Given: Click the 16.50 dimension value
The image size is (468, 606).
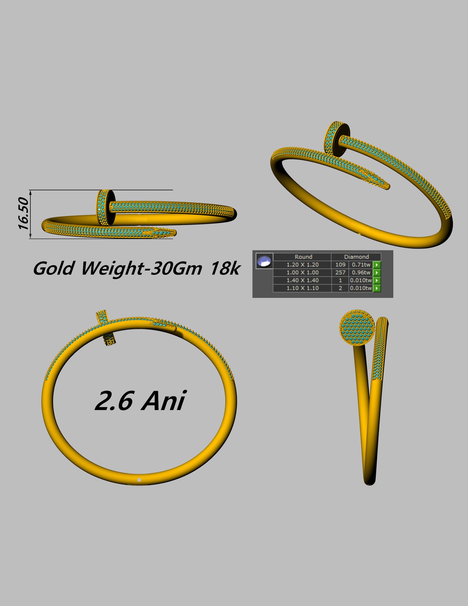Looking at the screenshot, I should (23, 214).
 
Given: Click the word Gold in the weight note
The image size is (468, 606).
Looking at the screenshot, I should (53, 269).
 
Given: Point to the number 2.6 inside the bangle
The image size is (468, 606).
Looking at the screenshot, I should (114, 401).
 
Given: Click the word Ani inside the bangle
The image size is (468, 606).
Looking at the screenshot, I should (164, 401).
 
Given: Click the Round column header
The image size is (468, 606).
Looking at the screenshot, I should (303, 257).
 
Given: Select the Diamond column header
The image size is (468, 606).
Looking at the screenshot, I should (356, 257).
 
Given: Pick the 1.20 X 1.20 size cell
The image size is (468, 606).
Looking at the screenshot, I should (302, 265).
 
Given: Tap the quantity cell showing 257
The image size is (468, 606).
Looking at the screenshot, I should (340, 273).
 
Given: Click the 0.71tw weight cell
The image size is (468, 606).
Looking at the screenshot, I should (361, 265).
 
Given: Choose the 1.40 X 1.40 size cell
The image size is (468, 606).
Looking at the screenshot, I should (302, 280).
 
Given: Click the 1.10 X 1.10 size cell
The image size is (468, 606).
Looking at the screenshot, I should (302, 288).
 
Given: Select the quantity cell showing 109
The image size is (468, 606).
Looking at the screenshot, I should (340, 265).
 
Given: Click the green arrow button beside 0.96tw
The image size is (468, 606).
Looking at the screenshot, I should (377, 273).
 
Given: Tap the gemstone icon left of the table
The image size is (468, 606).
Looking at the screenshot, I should (264, 261).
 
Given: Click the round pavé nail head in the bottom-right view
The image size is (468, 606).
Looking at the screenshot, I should (357, 328).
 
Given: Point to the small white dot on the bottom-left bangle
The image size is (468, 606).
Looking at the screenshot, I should (139, 480).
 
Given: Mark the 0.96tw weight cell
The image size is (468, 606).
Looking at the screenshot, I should (361, 273).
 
